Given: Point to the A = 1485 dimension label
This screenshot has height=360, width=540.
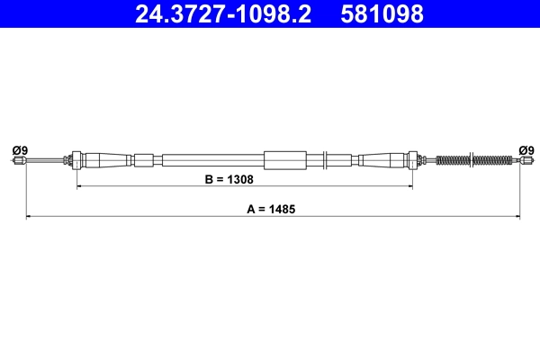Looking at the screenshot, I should (x=271, y=208).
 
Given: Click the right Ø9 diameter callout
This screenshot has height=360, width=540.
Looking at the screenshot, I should (x=526, y=149).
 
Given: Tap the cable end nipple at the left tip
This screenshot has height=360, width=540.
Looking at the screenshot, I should (x=19, y=161).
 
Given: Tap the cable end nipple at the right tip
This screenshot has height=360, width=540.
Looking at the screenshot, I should (x=524, y=161).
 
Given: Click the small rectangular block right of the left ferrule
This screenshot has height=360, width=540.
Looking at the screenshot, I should (x=144, y=161).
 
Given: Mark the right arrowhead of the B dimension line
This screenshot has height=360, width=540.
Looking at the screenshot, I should (x=410, y=187).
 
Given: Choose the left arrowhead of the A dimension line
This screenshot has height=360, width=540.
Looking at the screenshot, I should (x=29, y=217).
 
